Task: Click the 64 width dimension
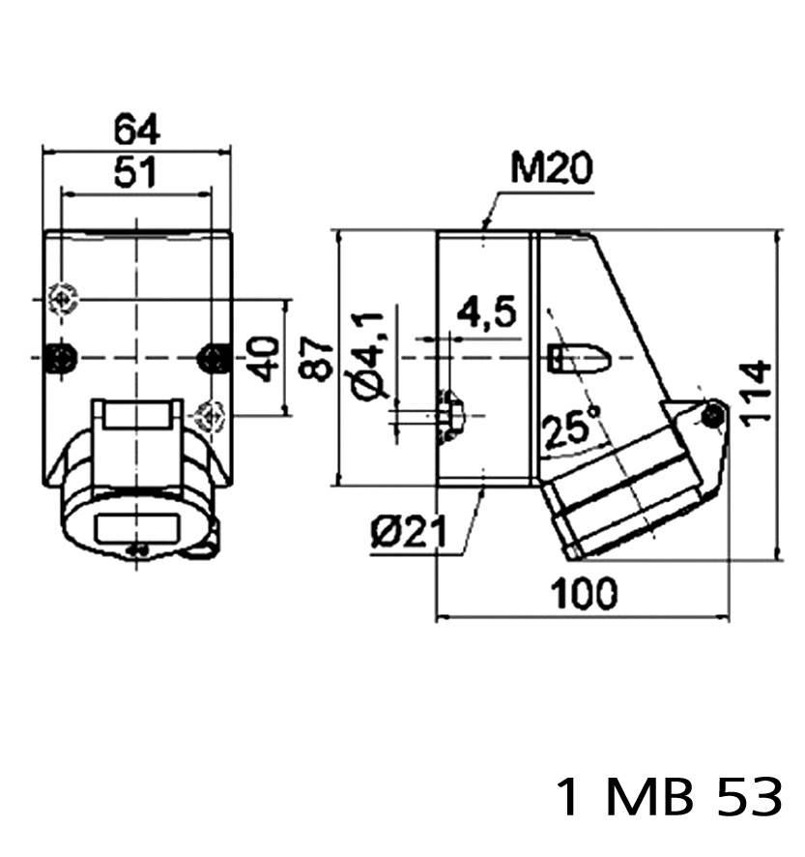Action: point(136,129)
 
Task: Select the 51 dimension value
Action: point(136,172)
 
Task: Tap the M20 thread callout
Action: point(551,170)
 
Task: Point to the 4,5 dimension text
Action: point(486,313)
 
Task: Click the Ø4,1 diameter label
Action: point(371,355)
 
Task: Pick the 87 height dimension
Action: point(321,359)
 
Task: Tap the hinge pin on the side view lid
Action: point(713,415)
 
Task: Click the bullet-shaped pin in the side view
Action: point(578,359)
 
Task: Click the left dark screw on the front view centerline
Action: point(62,358)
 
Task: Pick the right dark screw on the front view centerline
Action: point(212,358)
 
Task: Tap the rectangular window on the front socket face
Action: point(137,530)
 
